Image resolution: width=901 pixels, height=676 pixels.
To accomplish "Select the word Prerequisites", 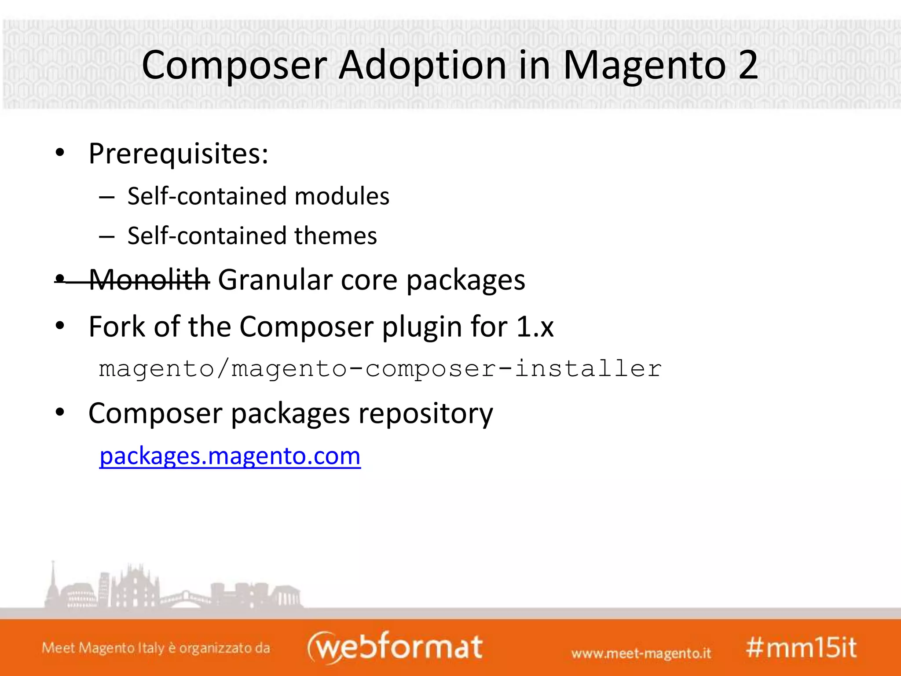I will [x=178, y=154].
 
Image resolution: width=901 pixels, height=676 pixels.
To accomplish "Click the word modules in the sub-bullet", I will [x=342, y=196].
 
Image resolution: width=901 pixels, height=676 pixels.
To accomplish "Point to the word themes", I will [x=336, y=236].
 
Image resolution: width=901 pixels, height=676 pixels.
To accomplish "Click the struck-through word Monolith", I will [x=150, y=280].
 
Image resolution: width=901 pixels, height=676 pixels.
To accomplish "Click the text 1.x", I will [x=535, y=327].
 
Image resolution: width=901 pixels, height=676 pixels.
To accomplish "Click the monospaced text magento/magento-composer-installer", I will [x=380, y=368].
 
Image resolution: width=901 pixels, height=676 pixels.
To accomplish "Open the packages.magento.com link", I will [x=230, y=456].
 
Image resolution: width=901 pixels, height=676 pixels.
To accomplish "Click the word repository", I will [x=425, y=414].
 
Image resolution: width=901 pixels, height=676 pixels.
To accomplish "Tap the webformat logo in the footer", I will [x=395, y=647].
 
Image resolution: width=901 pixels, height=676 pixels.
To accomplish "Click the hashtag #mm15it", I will [x=801, y=648].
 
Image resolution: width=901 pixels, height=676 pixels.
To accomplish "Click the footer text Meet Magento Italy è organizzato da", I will [x=156, y=648].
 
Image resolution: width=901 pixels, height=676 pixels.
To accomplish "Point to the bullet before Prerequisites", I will [x=60, y=153].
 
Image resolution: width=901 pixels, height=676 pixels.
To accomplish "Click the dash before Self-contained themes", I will [x=107, y=237].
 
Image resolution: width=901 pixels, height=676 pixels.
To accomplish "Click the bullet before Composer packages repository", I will [x=60, y=413].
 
